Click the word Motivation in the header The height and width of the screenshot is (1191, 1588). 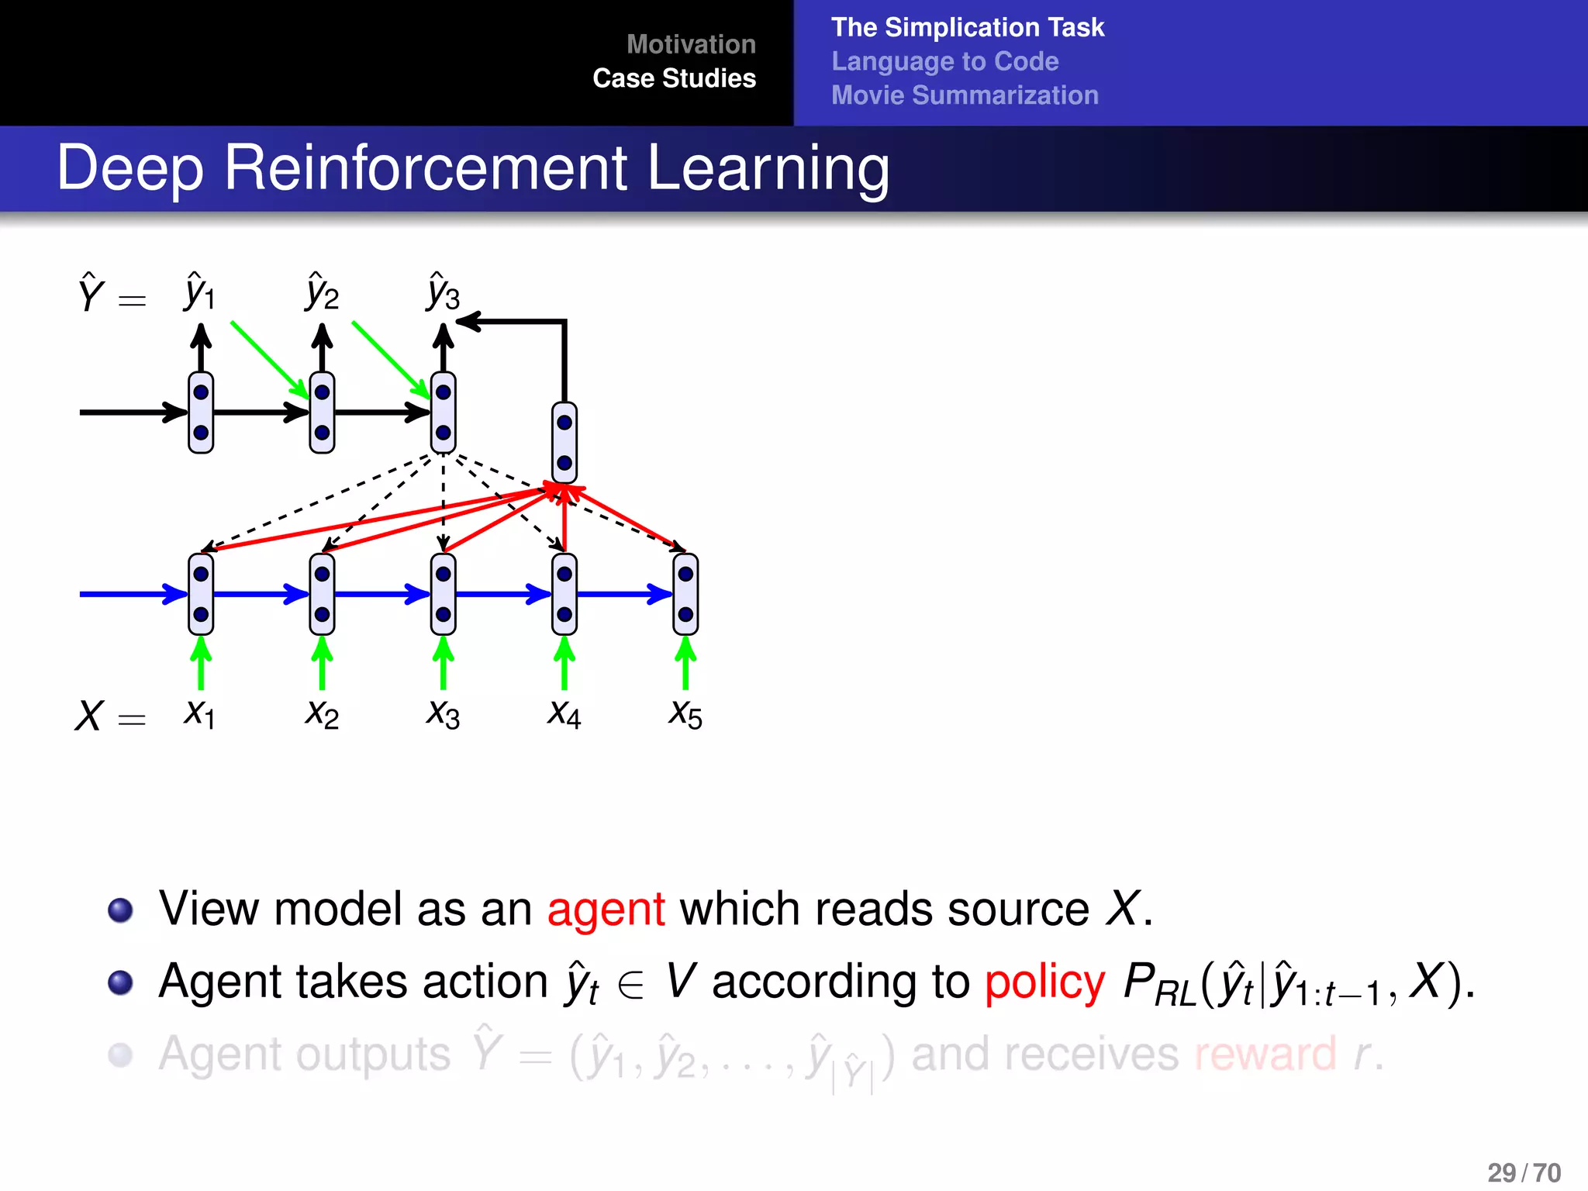point(690,44)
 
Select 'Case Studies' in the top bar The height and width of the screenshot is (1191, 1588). point(674,78)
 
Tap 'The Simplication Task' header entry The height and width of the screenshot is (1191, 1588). point(967,27)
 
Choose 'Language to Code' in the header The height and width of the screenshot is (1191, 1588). point(944,61)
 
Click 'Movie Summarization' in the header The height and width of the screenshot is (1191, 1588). point(965,95)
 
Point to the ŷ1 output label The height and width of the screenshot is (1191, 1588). point(199,292)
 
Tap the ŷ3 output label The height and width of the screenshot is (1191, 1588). point(443,292)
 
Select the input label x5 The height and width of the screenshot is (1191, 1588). point(685,713)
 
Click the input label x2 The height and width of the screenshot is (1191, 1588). point(322,713)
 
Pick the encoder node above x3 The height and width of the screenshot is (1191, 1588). point(443,594)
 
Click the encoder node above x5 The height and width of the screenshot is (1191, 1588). point(685,594)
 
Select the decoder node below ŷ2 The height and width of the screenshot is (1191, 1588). point(322,412)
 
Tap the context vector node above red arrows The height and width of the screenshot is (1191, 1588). point(564,443)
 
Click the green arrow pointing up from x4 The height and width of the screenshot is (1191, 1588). point(564,663)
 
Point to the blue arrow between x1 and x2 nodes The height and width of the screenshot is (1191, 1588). point(260,594)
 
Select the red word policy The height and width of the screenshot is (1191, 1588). point(1044,981)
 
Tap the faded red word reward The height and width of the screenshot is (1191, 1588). point(1265,1054)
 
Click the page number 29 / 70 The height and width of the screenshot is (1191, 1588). point(1524,1172)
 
